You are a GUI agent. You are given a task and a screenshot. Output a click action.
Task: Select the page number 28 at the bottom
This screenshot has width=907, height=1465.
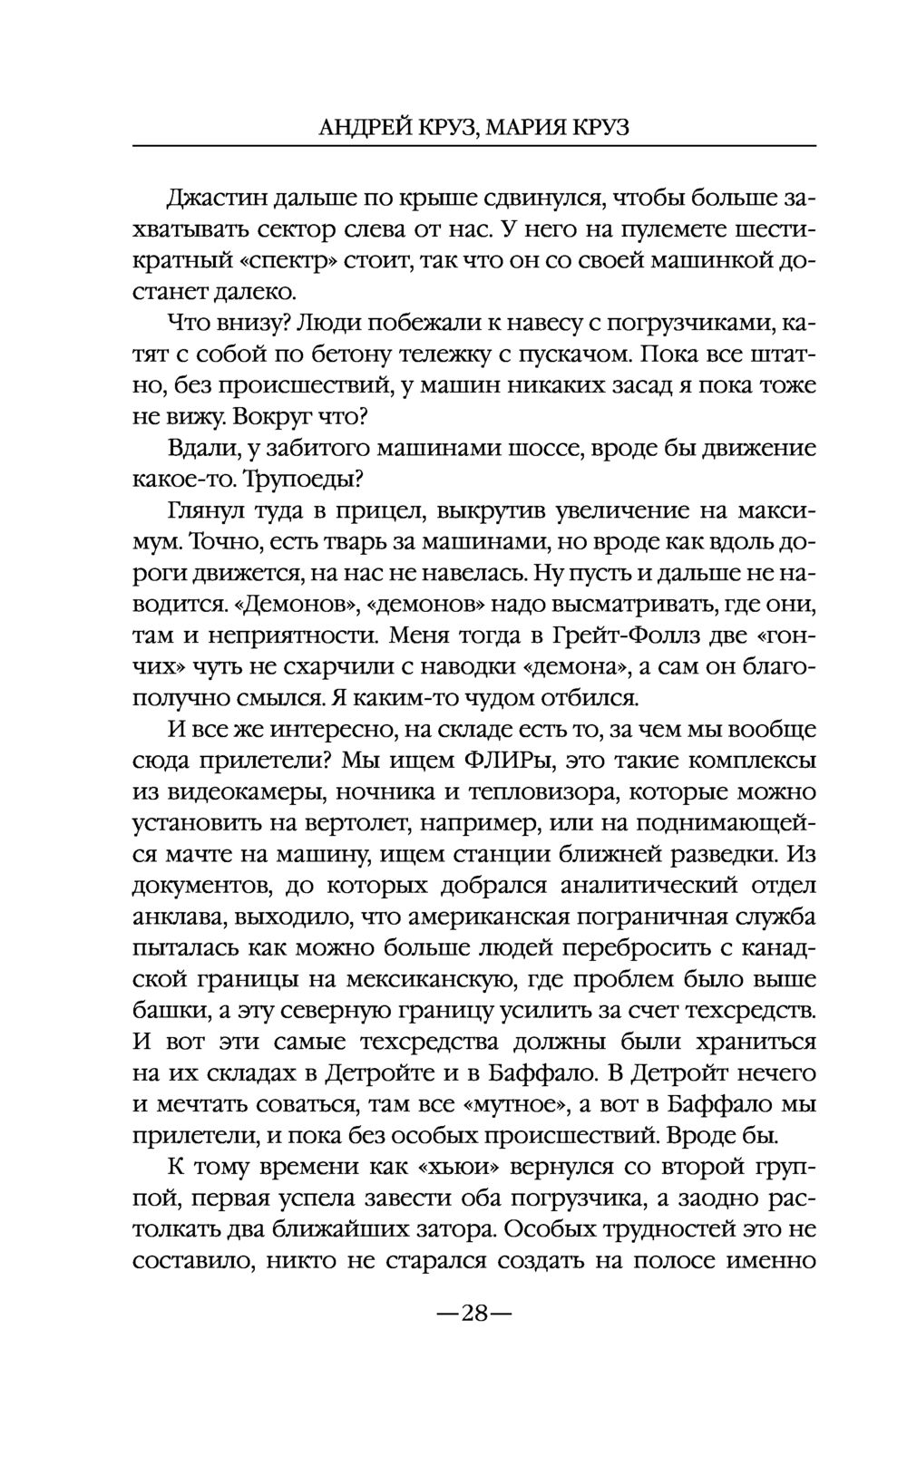[474, 1313]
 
